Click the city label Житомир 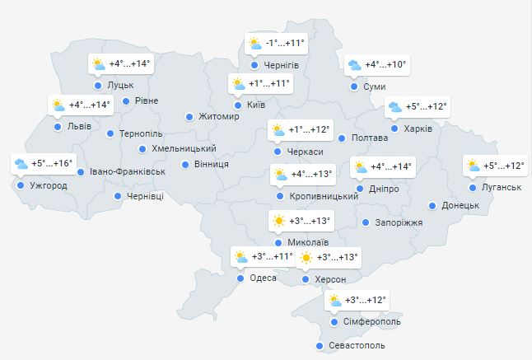218,117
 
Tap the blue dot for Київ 238,105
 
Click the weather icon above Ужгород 20,163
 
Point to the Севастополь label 357,346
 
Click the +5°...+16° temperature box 43,163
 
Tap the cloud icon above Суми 354,65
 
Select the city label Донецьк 460,205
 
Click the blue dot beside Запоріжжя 366,222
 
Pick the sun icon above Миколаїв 279,221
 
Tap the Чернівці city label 145,196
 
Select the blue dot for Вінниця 187,165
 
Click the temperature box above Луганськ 494,166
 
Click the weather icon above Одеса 240,257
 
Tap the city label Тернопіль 141,133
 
